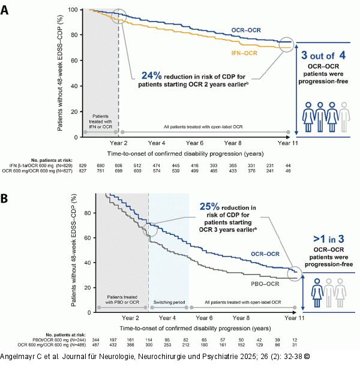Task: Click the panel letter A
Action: pyautogui.click(x=5, y=11)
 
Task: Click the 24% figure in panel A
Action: pyautogui.click(x=152, y=76)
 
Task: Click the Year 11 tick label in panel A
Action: pyautogui.click(x=288, y=144)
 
